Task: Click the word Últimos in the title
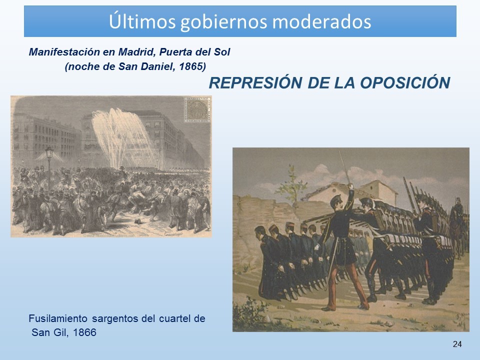tap(142, 21)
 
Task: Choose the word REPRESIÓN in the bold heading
tap(255, 82)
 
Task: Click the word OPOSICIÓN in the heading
tap(404, 82)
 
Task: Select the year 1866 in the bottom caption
tap(85, 332)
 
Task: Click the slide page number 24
tap(457, 344)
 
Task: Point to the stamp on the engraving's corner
tap(197, 109)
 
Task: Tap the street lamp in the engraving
tap(49, 165)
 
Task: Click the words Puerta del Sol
tap(194, 52)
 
